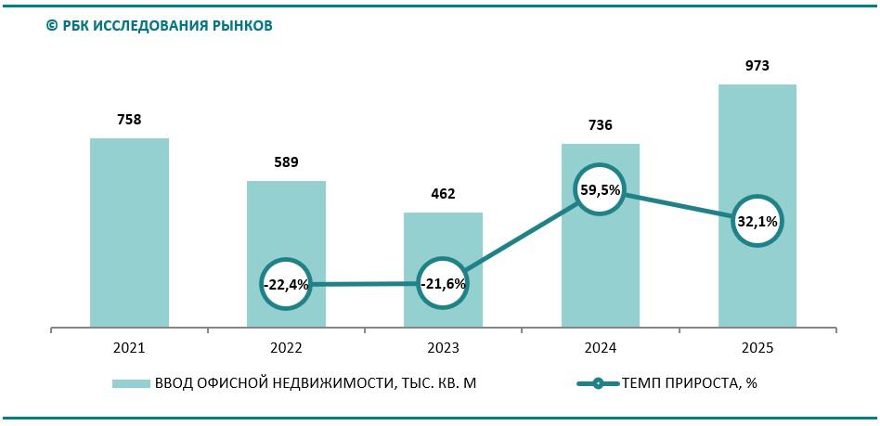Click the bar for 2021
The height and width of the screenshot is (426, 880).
tap(129, 232)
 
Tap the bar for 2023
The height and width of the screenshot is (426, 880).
tap(443, 241)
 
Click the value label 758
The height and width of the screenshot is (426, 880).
tap(129, 119)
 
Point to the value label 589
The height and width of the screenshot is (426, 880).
tap(286, 162)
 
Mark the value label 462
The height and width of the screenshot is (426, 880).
tap(443, 194)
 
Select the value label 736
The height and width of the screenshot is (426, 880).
tap(600, 125)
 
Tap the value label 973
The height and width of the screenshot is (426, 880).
tap(757, 66)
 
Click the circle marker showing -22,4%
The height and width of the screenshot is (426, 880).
tap(286, 284)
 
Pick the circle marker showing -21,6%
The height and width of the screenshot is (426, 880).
tap(443, 283)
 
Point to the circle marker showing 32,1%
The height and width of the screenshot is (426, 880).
tap(757, 221)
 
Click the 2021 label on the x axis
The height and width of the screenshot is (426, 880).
tap(129, 348)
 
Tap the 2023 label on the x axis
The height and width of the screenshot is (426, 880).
tap(443, 348)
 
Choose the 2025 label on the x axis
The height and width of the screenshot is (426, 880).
tap(757, 348)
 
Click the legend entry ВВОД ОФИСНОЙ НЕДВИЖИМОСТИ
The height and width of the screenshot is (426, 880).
tap(316, 383)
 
